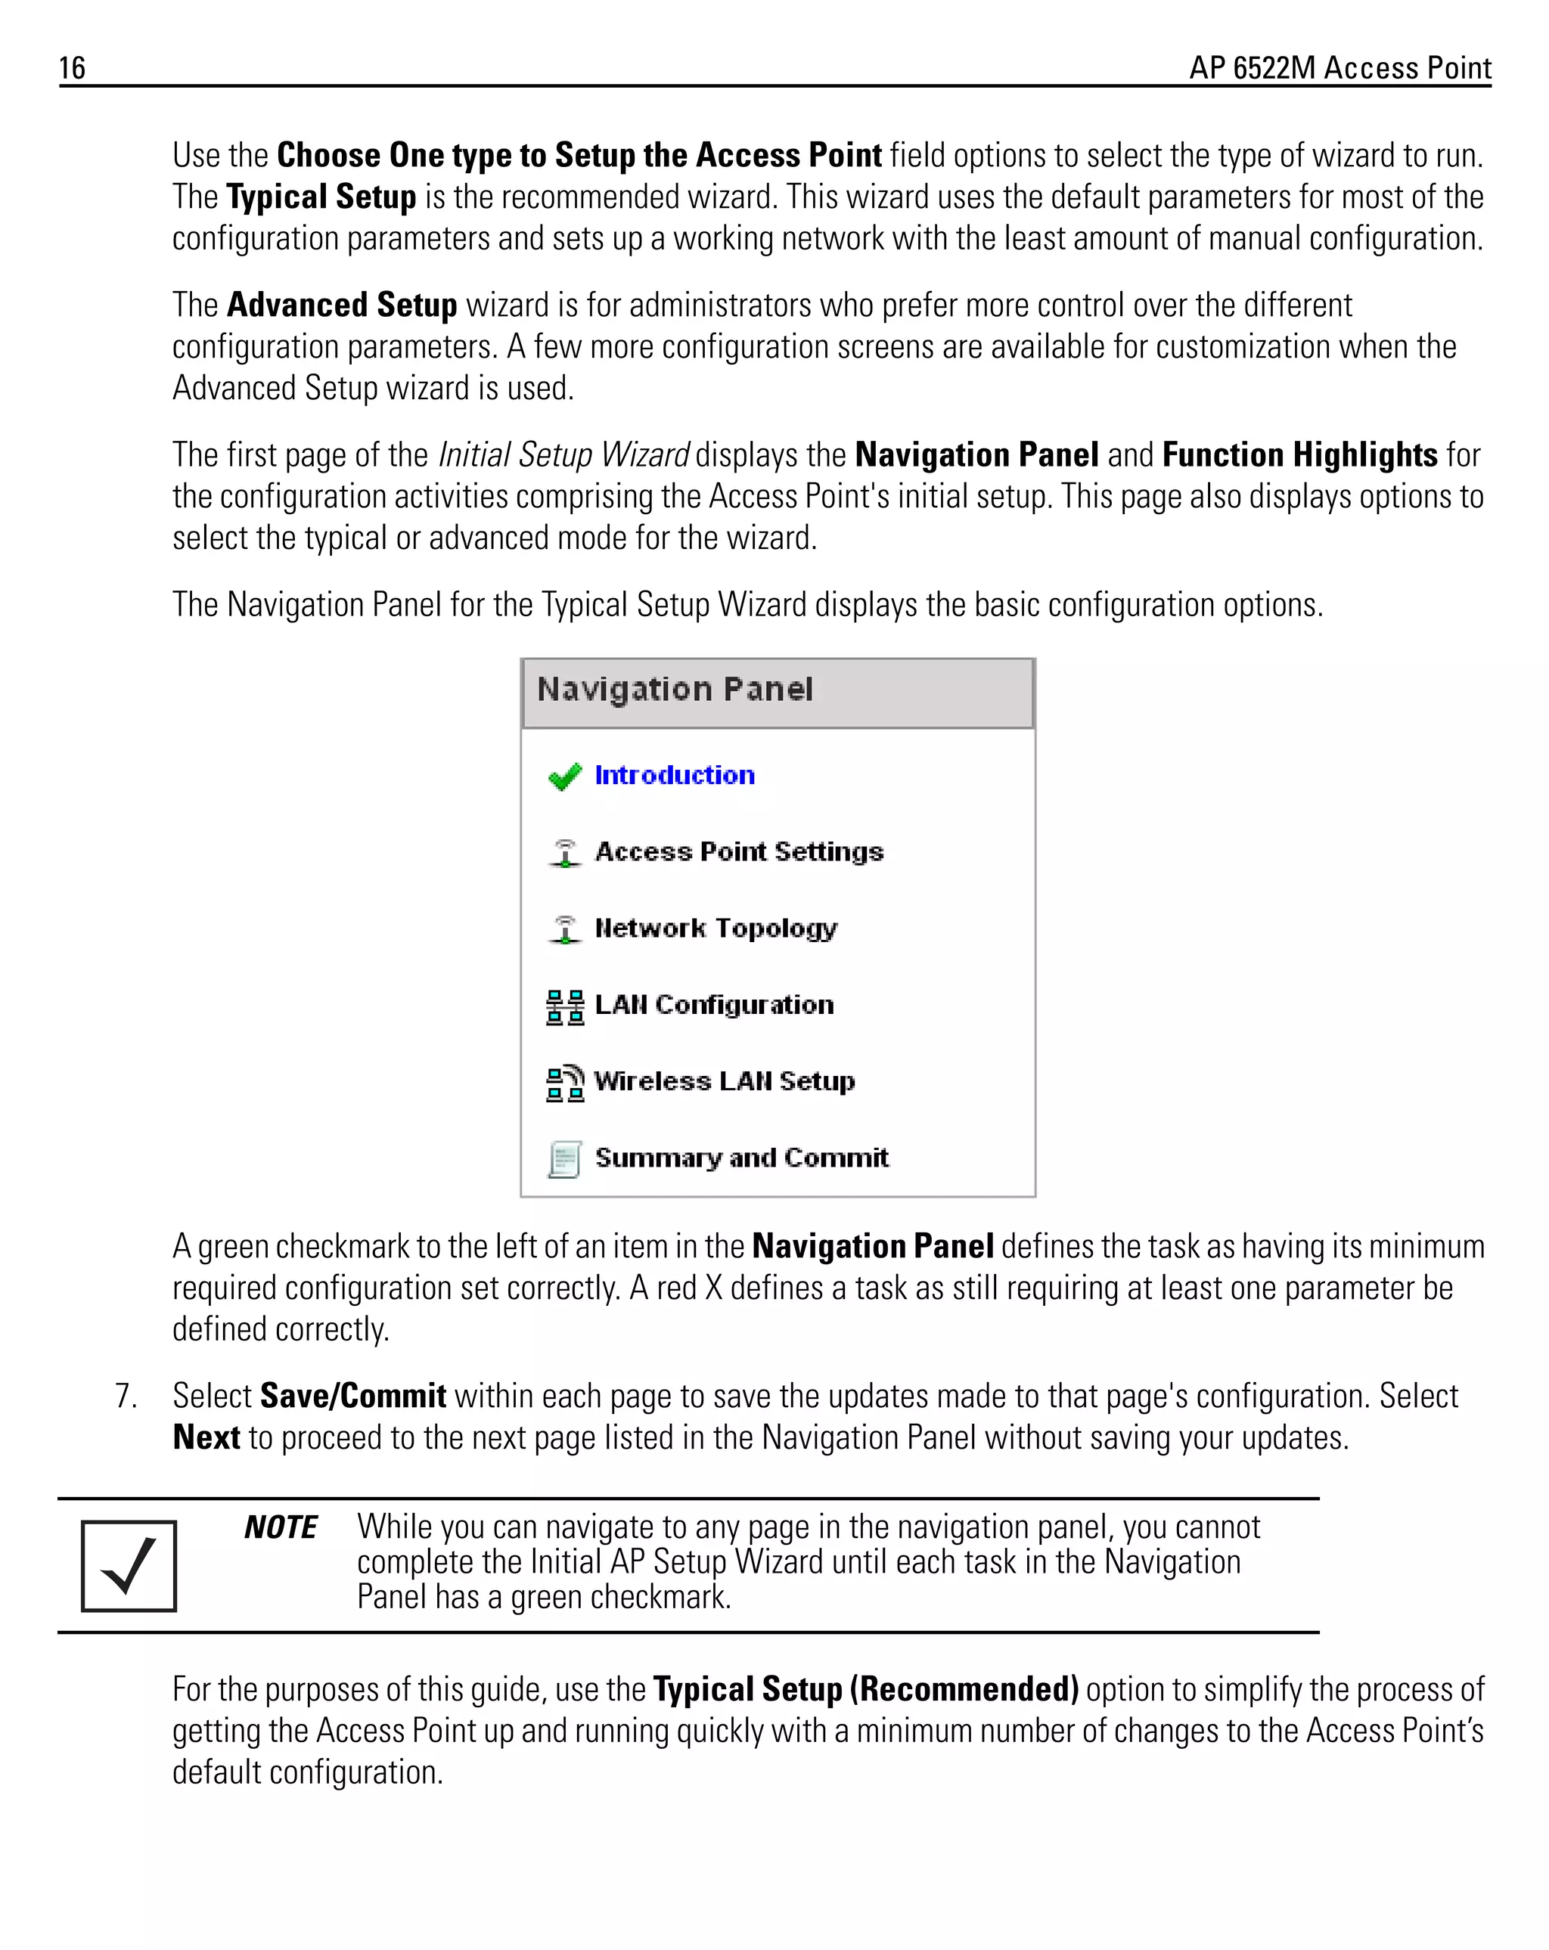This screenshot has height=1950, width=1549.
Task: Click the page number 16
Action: (73, 68)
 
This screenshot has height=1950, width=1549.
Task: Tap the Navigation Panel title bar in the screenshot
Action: (778, 692)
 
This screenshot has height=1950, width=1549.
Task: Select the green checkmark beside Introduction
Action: (564, 776)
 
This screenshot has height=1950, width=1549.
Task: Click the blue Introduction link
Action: (674, 775)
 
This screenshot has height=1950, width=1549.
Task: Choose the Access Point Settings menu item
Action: (738, 852)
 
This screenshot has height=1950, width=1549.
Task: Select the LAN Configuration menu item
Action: (714, 1005)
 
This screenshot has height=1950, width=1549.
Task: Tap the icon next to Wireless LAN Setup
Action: (564, 1083)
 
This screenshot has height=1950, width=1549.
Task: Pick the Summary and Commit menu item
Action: (741, 1158)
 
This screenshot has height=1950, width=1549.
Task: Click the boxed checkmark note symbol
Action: (129, 1566)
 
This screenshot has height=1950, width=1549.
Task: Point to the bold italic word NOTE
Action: (281, 1527)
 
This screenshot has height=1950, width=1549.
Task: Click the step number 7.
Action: (126, 1397)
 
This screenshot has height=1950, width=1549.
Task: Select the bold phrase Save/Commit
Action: (353, 1397)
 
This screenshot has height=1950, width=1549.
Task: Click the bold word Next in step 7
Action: (206, 1438)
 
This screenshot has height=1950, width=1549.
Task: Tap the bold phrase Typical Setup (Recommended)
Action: (865, 1689)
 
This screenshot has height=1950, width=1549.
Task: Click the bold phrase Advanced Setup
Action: (342, 305)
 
